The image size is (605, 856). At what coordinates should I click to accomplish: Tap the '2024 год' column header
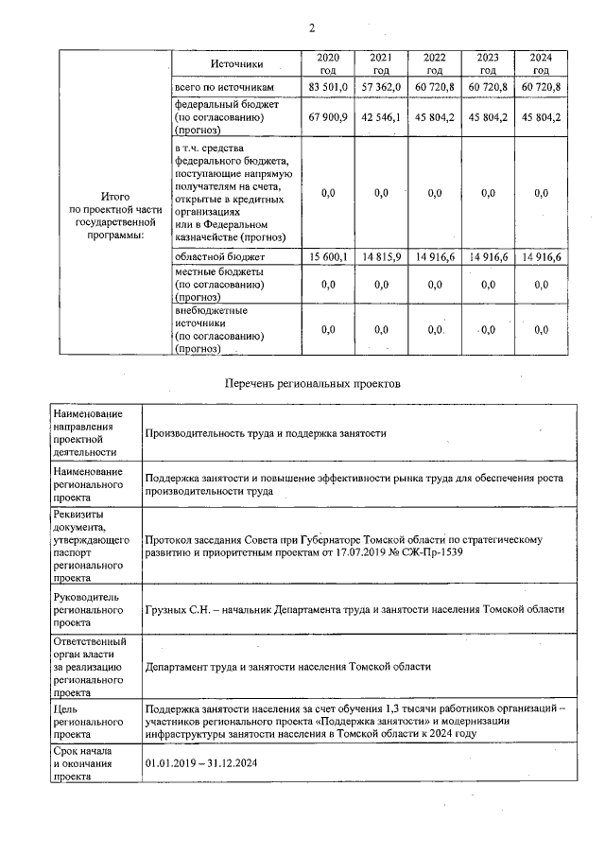click(x=541, y=64)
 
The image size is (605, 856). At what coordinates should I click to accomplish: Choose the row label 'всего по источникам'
click(x=224, y=87)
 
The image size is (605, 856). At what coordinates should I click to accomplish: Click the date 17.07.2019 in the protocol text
click(x=360, y=552)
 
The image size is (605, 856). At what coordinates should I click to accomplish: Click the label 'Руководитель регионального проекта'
click(x=89, y=610)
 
